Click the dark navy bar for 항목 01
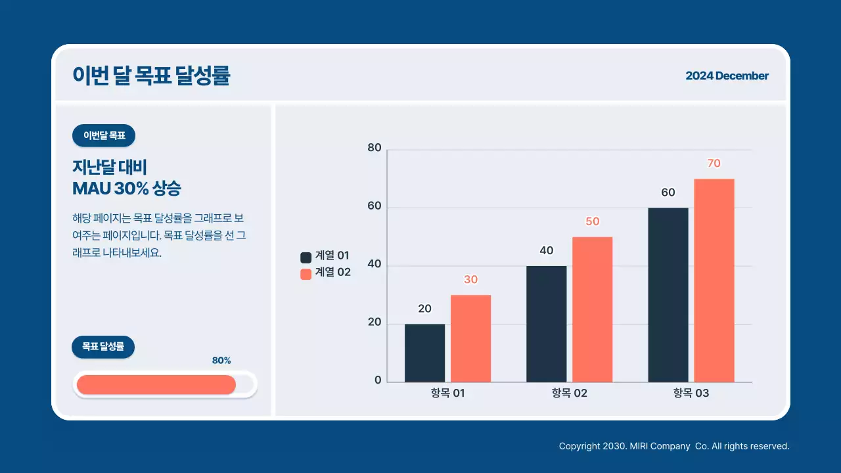tap(424, 353)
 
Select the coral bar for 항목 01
tap(470, 338)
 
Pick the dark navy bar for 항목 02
tap(546, 324)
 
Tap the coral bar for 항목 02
tap(592, 309)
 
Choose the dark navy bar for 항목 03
tap(668, 295)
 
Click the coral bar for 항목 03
tap(714, 281)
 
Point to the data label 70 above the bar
tap(714, 164)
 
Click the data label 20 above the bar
tap(424, 309)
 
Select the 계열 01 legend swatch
tap(306, 258)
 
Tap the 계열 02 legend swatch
tap(306, 274)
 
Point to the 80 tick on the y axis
tap(375, 148)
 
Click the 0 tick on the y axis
tap(378, 380)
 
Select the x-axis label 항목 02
tap(570, 394)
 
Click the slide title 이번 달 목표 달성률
tap(152, 76)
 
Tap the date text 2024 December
tap(727, 76)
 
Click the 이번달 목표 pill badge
tap(104, 136)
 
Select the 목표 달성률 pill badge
tap(103, 347)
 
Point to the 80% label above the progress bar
tap(221, 361)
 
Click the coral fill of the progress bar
tap(156, 385)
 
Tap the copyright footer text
tap(673, 446)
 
